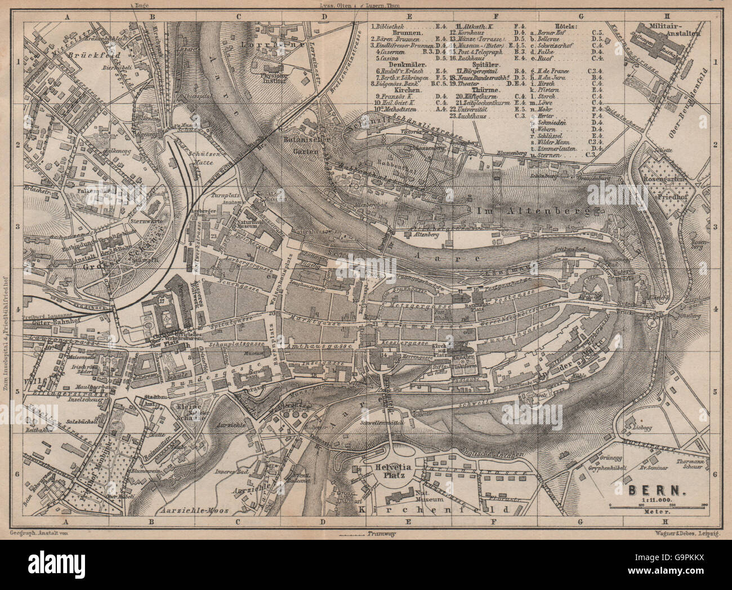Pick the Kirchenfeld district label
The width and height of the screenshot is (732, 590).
pyautogui.click(x=432, y=509)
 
